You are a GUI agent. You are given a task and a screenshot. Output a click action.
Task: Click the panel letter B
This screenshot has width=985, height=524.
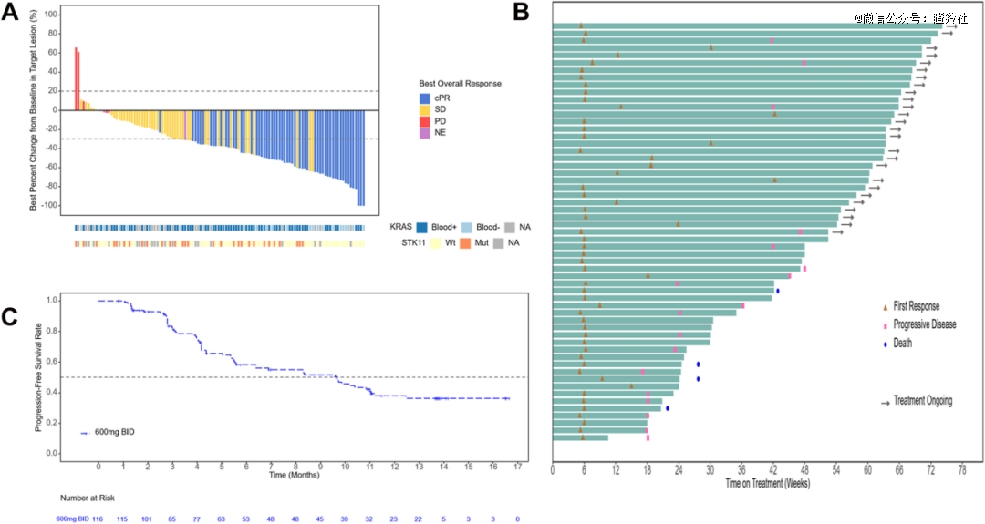point(521,11)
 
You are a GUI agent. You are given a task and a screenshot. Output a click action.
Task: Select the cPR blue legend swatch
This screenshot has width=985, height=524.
point(425,98)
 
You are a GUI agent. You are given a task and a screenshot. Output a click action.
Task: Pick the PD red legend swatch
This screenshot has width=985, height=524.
point(425,121)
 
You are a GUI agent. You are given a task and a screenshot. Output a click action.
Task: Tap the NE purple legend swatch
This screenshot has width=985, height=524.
point(425,133)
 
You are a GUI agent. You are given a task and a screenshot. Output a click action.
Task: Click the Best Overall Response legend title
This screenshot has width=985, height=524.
point(460,84)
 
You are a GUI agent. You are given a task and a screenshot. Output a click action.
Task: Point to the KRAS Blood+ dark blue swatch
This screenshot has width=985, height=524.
point(424,227)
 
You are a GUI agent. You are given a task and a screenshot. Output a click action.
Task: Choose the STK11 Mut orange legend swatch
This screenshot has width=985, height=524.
point(465,243)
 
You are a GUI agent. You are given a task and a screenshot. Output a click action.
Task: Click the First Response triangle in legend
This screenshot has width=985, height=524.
point(884,307)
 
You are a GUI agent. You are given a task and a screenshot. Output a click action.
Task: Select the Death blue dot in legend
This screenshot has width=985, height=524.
point(884,344)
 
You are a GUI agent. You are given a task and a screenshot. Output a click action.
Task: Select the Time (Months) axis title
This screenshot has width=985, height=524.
point(293,475)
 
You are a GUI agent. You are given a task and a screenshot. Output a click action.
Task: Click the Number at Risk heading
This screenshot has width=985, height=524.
point(87,498)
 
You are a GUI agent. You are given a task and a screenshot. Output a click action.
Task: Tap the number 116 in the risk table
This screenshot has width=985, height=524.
point(98,518)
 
